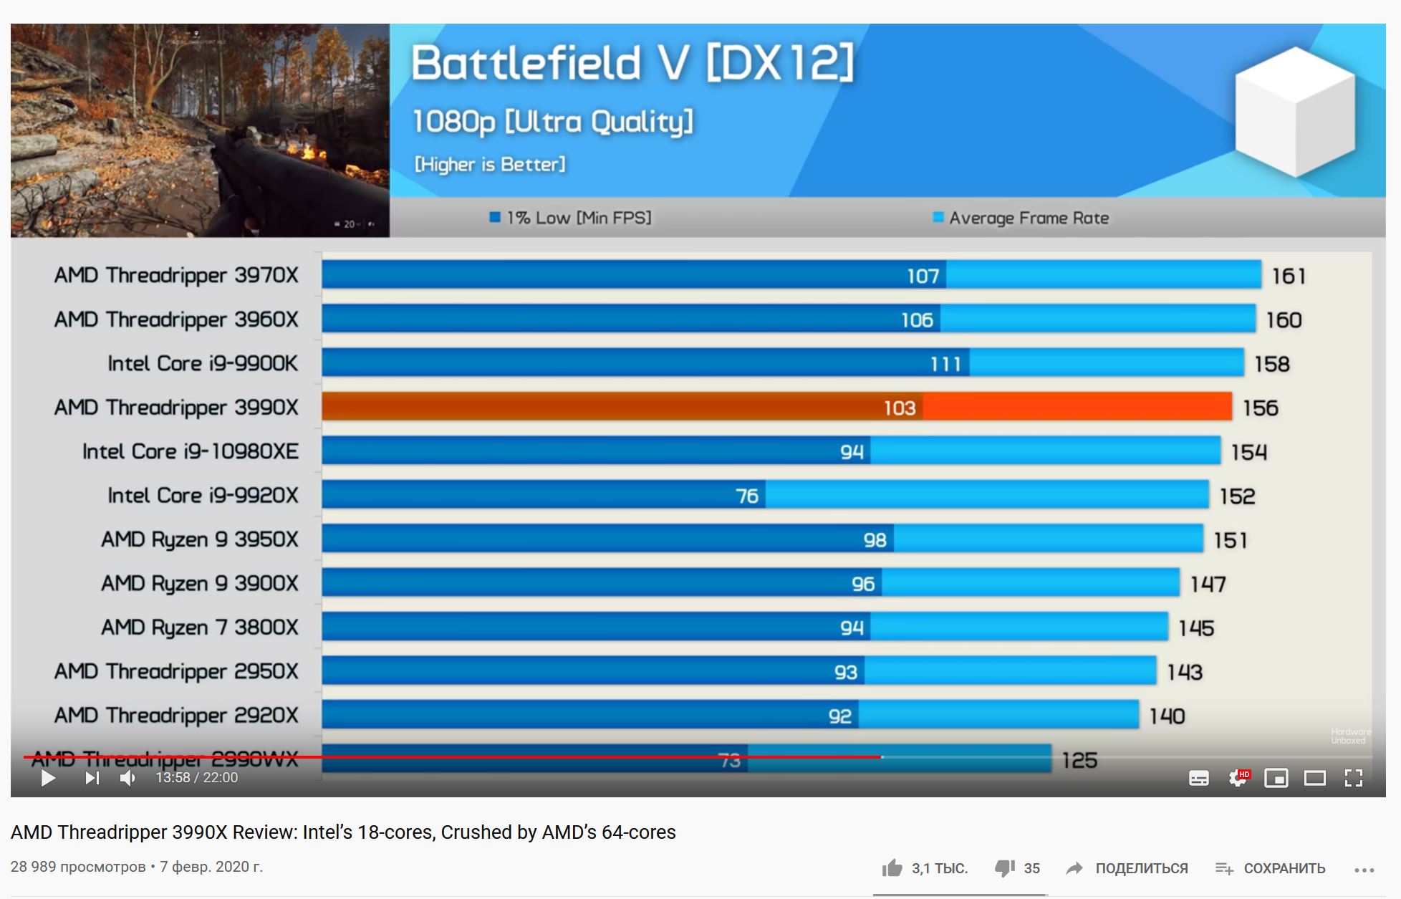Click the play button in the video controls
point(48,778)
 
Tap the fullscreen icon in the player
point(1353,778)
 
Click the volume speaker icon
point(127,778)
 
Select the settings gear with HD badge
point(1238,778)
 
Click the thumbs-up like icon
point(892,868)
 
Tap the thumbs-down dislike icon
point(1005,868)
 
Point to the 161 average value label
point(1289,276)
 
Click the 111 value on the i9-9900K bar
point(945,364)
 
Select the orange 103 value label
point(900,408)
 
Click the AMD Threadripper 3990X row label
point(176,408)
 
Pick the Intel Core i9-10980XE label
point(190,451)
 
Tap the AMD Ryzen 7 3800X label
point(199,628)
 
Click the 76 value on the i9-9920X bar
point(747,496)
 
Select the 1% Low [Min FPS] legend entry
point(571,218)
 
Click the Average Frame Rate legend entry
point(1021,218)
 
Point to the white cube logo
point(1295,111)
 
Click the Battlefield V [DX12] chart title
point(632,62)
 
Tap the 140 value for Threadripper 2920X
point(1167,716)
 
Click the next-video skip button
point(92,778)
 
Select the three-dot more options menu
point(1364,870)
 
